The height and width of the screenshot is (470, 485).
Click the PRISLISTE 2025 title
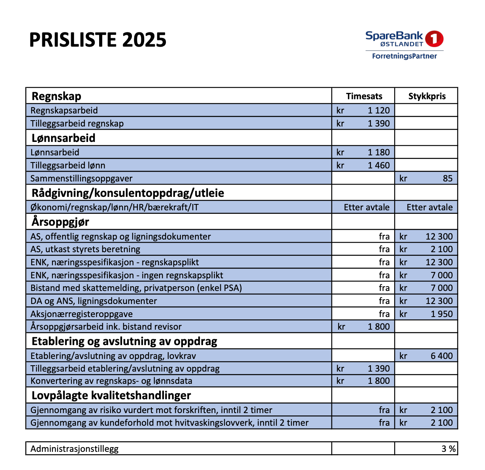tap(98, 40)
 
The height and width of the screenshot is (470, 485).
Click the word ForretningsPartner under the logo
tap(404, 56)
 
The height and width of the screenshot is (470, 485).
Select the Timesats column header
tap(364, 96)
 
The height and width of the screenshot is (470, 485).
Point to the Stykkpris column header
tap(427, 96)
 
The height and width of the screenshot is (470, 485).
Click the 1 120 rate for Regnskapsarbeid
tap(378, 110)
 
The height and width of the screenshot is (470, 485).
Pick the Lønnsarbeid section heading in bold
tap(64, 138)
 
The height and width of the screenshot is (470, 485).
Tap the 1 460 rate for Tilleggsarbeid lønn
tap(378, 165)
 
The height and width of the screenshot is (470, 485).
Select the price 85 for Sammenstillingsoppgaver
tap(447, 178)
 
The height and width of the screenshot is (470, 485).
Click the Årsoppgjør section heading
tap(60, 222)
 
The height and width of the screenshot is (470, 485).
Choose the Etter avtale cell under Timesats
tap(367, 207)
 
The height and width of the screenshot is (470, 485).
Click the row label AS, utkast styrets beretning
tap(85, 249)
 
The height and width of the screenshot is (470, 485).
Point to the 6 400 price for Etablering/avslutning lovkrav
tap(442, 356)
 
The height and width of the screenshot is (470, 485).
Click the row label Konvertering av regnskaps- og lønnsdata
tap(111, 381)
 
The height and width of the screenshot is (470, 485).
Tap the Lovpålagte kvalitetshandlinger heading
tap(111, 395)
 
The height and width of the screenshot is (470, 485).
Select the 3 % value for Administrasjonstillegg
tap(448, 449)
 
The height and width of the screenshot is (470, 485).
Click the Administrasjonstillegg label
tap(74, 449)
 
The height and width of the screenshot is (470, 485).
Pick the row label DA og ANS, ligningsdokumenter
tap(94, 301)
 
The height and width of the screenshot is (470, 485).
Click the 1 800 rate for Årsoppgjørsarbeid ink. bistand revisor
tap(378, 327)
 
